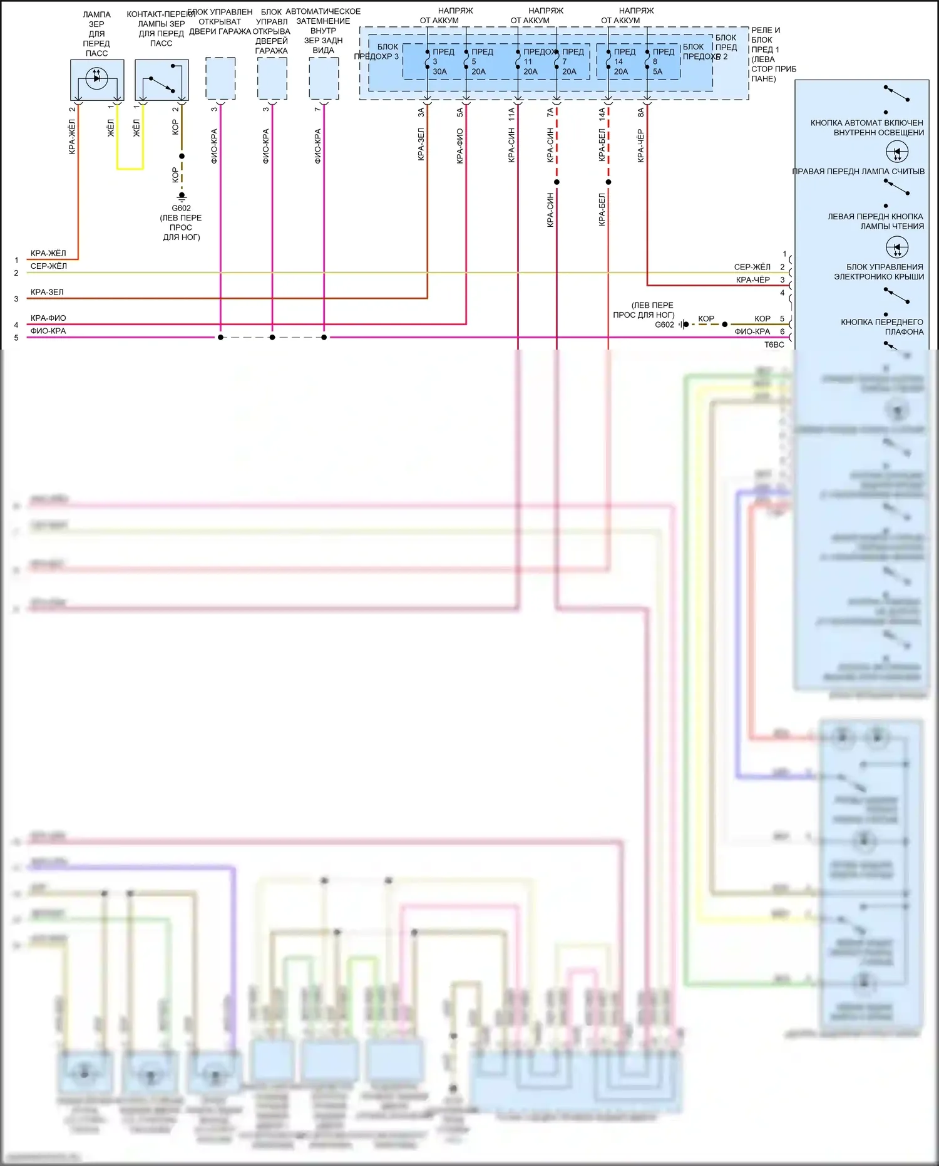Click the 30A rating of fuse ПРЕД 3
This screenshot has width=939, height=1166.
pyautogui.click(x=439, y=71)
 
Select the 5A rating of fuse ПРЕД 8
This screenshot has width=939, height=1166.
pyautogui.click(x=657, y=71)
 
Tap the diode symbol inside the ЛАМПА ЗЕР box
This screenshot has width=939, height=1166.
pyautogui.click(x=96, y=78)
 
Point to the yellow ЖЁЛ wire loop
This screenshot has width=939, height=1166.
pyautogui.click(x=130, y=168)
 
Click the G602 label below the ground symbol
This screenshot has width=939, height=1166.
pyautogui.click(x=181, y=208)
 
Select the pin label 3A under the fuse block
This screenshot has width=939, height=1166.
pyautogui.click(x=421, y=112)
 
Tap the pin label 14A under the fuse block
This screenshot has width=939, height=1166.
pyautogui.click(x=602, y=113)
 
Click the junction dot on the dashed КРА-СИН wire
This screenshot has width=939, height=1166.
pyautogui.click(x=557, y=182)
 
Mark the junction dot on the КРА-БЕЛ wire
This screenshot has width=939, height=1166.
pyautogui.click(x=608, y=182)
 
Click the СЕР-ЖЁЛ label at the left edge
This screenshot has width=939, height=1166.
pyautogui.click(x=49, y=266)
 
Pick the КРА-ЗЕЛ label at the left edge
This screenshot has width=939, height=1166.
pyautogui.click(x=47, y=292)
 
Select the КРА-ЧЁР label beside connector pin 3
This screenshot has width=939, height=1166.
pyautogui.click(x=752, y=280)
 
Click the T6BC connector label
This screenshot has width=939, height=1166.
pyautogui.click(x=774, y=345)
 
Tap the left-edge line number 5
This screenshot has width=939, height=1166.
pyautogui.click(x=16, y=338)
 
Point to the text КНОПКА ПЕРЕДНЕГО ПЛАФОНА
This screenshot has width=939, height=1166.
pyautogui.click(x=882, y=326)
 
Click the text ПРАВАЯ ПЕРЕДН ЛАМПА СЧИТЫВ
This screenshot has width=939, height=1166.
pyautogui.click(x=858, y=171)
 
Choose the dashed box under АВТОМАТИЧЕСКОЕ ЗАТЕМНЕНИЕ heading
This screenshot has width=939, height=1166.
pyautogui.click(x=324, y=78)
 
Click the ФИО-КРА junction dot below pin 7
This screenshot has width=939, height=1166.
pyautogui.click(x=324, y=338)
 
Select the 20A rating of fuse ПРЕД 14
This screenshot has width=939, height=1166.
pyautogui.click(x=620, y=71)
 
